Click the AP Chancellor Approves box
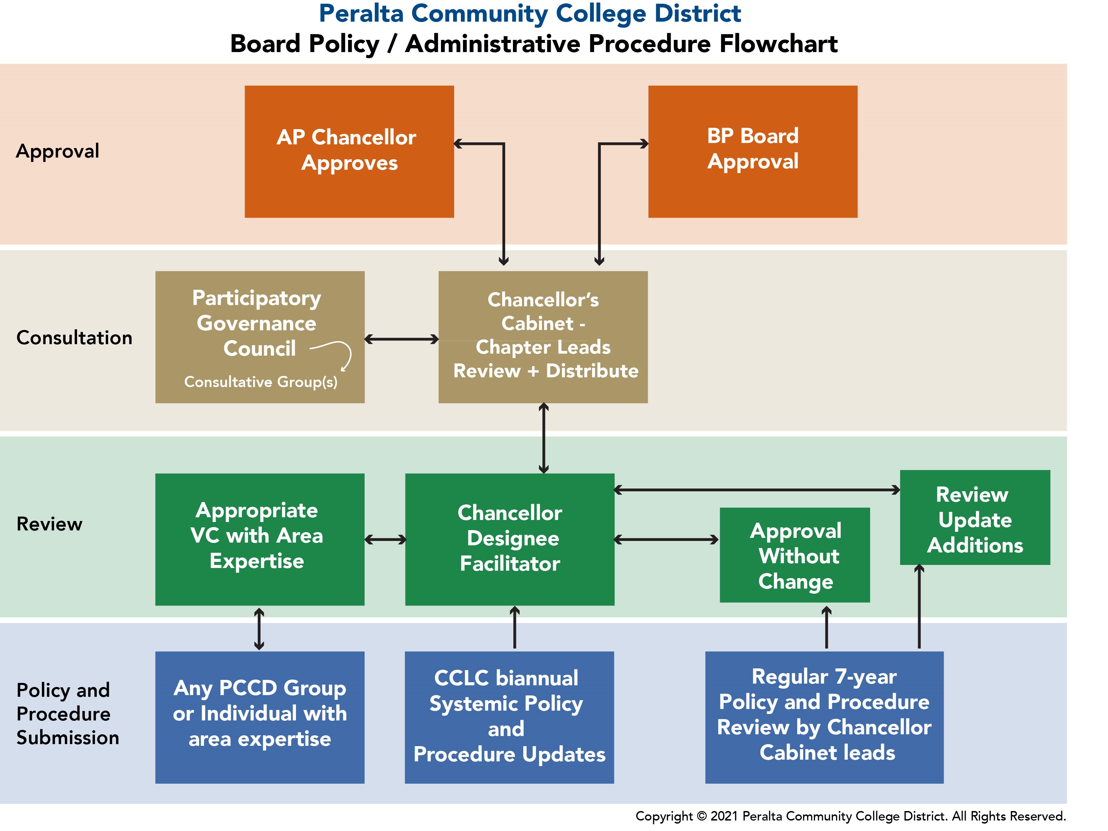click(349, 151)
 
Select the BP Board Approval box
click(753, 151)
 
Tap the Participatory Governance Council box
click(260, 337)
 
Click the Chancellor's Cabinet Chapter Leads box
click(543, 337)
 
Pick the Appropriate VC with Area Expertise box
click(260, 539)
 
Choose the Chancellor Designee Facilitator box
click(510, 539)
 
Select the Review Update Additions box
click(975, 517)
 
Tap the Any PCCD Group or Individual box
click(260, 717)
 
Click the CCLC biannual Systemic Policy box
click(510, 717)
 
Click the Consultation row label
click(74, 338)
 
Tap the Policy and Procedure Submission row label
click(68, 714)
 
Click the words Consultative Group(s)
click(261, 382)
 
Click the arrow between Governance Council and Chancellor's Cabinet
click(402, 339)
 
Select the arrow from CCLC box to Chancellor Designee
click(514, 627)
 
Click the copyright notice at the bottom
click(851, 816)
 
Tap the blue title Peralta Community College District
click(530, 14)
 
